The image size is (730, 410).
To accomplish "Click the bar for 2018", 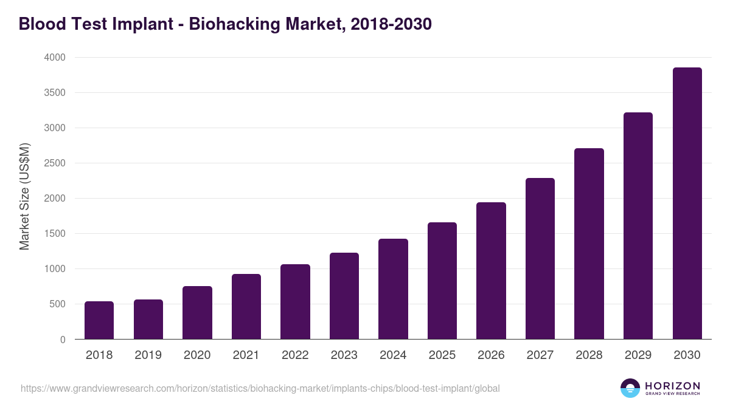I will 99,320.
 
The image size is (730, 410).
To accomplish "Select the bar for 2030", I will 687,203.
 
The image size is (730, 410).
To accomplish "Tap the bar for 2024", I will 393,289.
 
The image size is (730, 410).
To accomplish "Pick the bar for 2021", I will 246,307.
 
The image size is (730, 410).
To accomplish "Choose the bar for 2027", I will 540,259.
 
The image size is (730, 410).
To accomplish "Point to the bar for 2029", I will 638,226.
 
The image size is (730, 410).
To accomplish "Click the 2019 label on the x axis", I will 148,355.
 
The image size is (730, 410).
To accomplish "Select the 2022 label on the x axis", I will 295,355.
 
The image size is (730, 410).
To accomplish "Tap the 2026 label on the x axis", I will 491,355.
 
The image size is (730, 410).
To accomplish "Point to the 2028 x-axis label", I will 589,355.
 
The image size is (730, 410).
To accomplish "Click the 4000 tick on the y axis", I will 54,58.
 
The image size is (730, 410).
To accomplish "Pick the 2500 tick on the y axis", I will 54,163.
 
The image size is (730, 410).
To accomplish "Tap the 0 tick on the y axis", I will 63,340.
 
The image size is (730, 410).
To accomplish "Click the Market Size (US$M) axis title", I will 24,197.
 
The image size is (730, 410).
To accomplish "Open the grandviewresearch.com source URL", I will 260,388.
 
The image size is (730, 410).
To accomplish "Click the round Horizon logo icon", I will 630,388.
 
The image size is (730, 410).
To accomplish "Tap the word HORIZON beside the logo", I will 672,386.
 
